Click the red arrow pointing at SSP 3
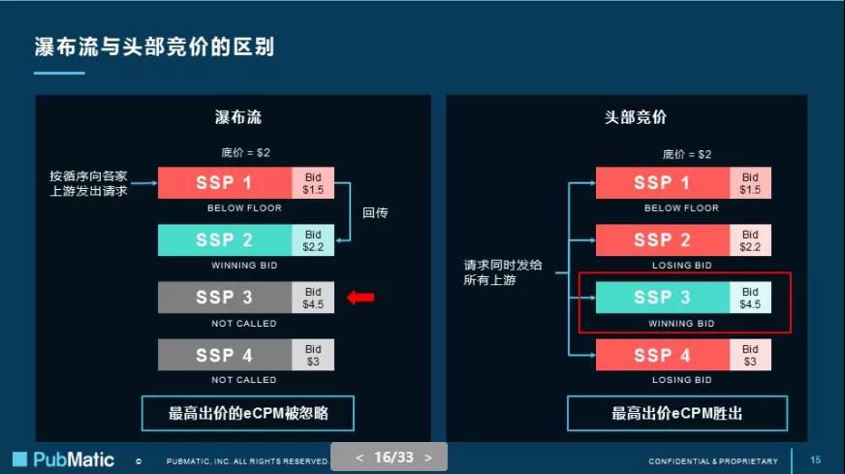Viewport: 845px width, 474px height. [360, 298]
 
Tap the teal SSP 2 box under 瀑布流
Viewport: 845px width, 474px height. [225, 240]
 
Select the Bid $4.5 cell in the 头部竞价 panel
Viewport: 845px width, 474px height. [750, 298]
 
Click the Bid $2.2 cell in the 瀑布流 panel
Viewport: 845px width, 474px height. [313, 240]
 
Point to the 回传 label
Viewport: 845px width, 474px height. [375, 212]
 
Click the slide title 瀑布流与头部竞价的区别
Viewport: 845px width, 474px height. [155, 47]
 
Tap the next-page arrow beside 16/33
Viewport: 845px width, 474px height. [428, 458]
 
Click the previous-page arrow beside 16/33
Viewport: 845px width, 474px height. [360, 458]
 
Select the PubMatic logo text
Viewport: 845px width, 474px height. [74, 459]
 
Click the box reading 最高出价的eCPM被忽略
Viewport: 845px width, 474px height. [248, 414]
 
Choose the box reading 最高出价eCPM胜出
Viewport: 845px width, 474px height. [677, 414]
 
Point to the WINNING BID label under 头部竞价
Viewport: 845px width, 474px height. [681, 324]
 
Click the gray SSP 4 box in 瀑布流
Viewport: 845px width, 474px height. [225, 355]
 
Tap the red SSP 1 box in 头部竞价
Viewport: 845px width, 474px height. [663, 183]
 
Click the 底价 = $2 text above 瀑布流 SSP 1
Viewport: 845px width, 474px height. [245, 152]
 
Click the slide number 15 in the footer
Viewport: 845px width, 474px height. [815, 460]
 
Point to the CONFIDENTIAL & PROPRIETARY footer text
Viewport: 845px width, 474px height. [713, 461]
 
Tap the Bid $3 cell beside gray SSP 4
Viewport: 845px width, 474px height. [313, 355]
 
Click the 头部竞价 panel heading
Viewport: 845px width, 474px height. [636, 117]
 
